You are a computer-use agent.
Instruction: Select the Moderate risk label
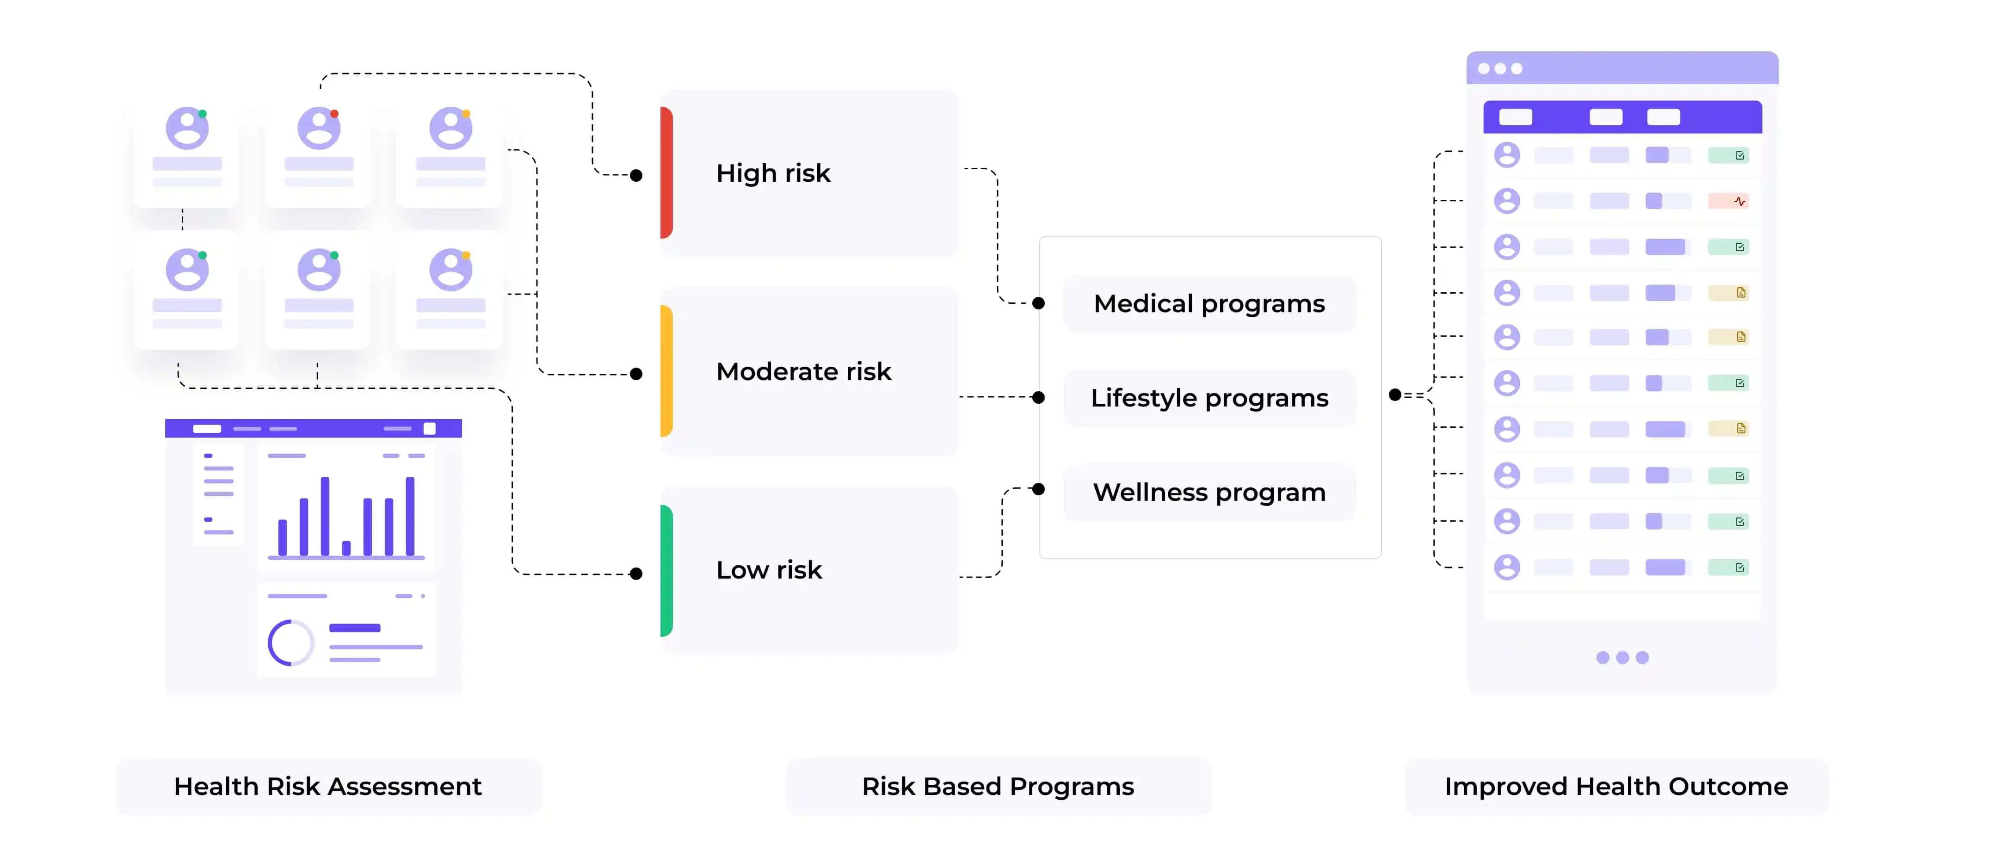803,371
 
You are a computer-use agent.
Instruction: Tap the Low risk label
769,570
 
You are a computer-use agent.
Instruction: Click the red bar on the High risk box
666,172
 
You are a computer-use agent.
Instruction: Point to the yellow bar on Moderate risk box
666,370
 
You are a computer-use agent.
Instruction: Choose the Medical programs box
1209,304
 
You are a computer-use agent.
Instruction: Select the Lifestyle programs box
1209,398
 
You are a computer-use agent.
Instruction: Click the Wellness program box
1209,493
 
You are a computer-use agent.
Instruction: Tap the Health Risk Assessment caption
328,786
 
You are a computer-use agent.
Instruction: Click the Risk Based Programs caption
998,786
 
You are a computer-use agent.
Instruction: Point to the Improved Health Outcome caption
1616,786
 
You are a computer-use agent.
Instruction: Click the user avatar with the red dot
319,128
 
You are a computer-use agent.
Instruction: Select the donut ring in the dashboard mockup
291,643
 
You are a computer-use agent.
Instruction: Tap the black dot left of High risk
636,175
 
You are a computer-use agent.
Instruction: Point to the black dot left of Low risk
636,574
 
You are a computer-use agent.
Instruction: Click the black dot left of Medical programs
1039,303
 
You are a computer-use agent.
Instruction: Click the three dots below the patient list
1622,658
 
